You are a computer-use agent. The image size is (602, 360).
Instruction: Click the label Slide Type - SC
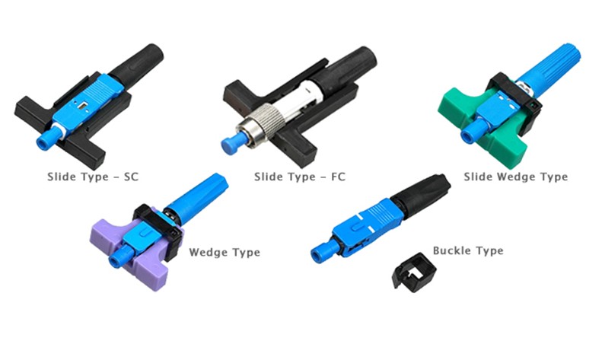[x=93, y=177]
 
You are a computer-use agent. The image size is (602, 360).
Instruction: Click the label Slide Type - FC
[x=299, y=177]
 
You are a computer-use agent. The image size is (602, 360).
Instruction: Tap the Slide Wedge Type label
[x=515, y=177]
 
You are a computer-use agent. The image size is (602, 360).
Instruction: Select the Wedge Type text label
[x=225, y=252]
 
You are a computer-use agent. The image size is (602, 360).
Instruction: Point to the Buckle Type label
[x=468, y=250]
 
